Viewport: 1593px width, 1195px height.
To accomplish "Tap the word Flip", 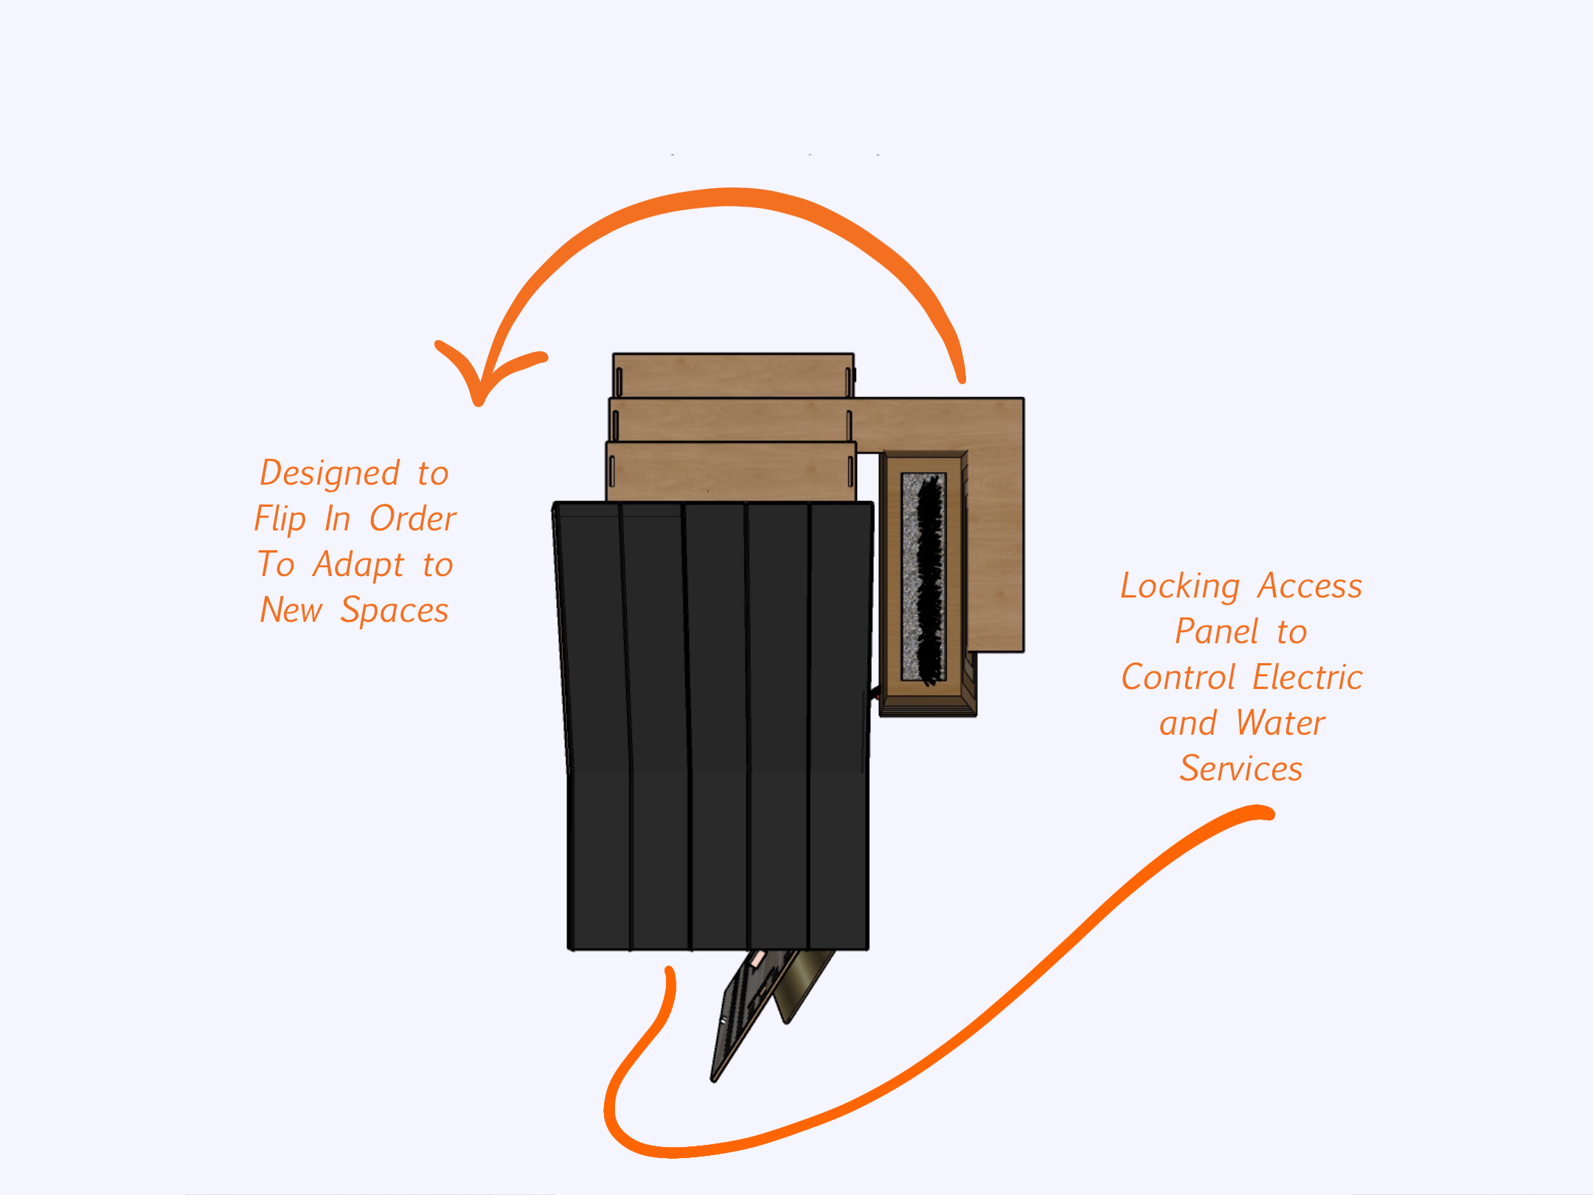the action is coord(280,519).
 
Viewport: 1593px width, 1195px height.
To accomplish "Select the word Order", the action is coord(413,519).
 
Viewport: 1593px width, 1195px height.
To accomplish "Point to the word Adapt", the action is coord(358,566).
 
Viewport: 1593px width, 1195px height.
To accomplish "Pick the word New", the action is coord(291,610).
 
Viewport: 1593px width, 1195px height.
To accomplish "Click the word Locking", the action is coord(1180,587).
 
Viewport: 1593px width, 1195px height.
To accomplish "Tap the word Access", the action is coord(1311,586).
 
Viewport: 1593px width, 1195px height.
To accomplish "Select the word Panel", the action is coord(1217,631).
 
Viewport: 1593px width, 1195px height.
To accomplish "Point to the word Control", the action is coord(1178,677).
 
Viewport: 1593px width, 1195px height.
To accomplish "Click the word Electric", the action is coord(1308,677).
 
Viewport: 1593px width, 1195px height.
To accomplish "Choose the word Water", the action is coord(1281,723).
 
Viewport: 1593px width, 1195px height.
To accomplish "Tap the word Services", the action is coord(1241,769).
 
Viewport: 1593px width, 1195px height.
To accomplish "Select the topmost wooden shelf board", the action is coord(733,375).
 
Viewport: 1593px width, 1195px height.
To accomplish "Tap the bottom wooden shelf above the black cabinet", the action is coord(731,472).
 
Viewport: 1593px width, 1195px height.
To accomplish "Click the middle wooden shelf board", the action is coord(730,420).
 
